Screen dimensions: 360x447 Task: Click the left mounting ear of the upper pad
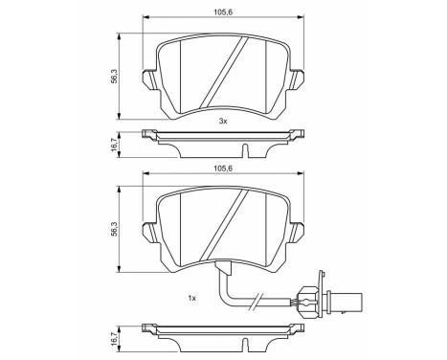(x=147, y=77)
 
